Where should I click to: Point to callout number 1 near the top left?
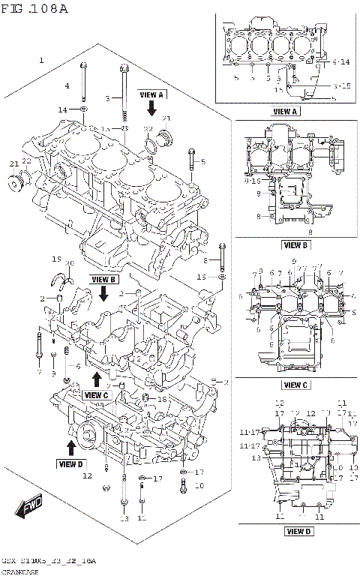pos(41,58)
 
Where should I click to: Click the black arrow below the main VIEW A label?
pos(151,109)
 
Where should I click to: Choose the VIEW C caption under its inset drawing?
pos(295,385)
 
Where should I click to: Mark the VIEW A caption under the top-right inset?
pos(285,111)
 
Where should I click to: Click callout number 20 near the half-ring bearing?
pos(70,263)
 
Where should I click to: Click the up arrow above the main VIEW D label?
pos(71,448)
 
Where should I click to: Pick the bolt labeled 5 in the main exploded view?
pos(193,158)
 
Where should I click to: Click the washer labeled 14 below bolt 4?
pos(83,111)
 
